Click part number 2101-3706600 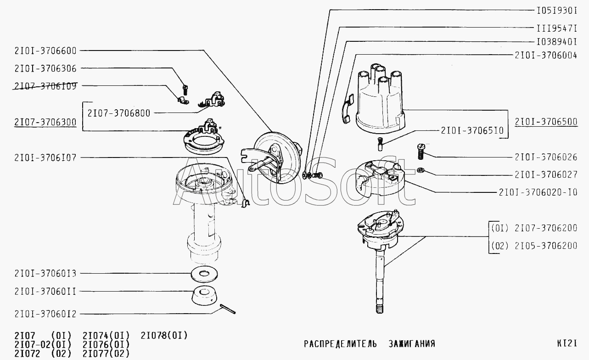click(45, 51)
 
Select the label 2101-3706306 click(45, 68)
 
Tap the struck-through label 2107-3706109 click(45, 86)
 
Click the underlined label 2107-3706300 click(45, 122)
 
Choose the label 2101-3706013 click(45, 274)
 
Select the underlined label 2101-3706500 click(546, 122)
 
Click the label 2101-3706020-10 click(538, 192)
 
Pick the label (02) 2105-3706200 click(534, 246)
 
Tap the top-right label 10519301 click(556, 10)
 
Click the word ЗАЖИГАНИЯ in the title click(411, 343)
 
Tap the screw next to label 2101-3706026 click(421, 151)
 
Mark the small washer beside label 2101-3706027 click(421, 171)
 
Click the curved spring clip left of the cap click(347, 109)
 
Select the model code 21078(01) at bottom click(164, 335)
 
